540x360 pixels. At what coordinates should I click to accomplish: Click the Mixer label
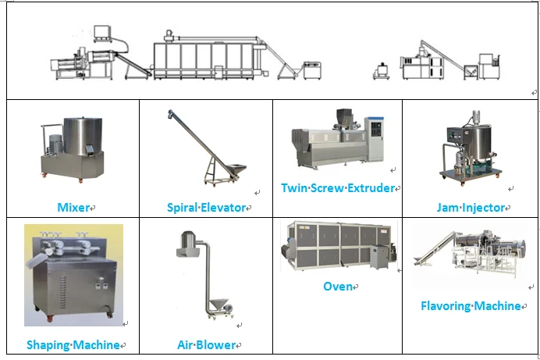[73, 208]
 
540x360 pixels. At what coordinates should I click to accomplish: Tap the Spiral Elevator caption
[206, 208]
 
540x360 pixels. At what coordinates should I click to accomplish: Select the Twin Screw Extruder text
[337, 188]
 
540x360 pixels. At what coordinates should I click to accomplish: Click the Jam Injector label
[471, 208]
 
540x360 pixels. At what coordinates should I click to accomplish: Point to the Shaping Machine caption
[73, 344]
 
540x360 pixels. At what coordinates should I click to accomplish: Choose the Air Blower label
[206, 344]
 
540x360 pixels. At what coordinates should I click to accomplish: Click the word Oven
[337, 287]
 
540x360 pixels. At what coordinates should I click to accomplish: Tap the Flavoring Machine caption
[471, 306]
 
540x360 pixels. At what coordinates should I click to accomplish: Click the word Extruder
[370, 188]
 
